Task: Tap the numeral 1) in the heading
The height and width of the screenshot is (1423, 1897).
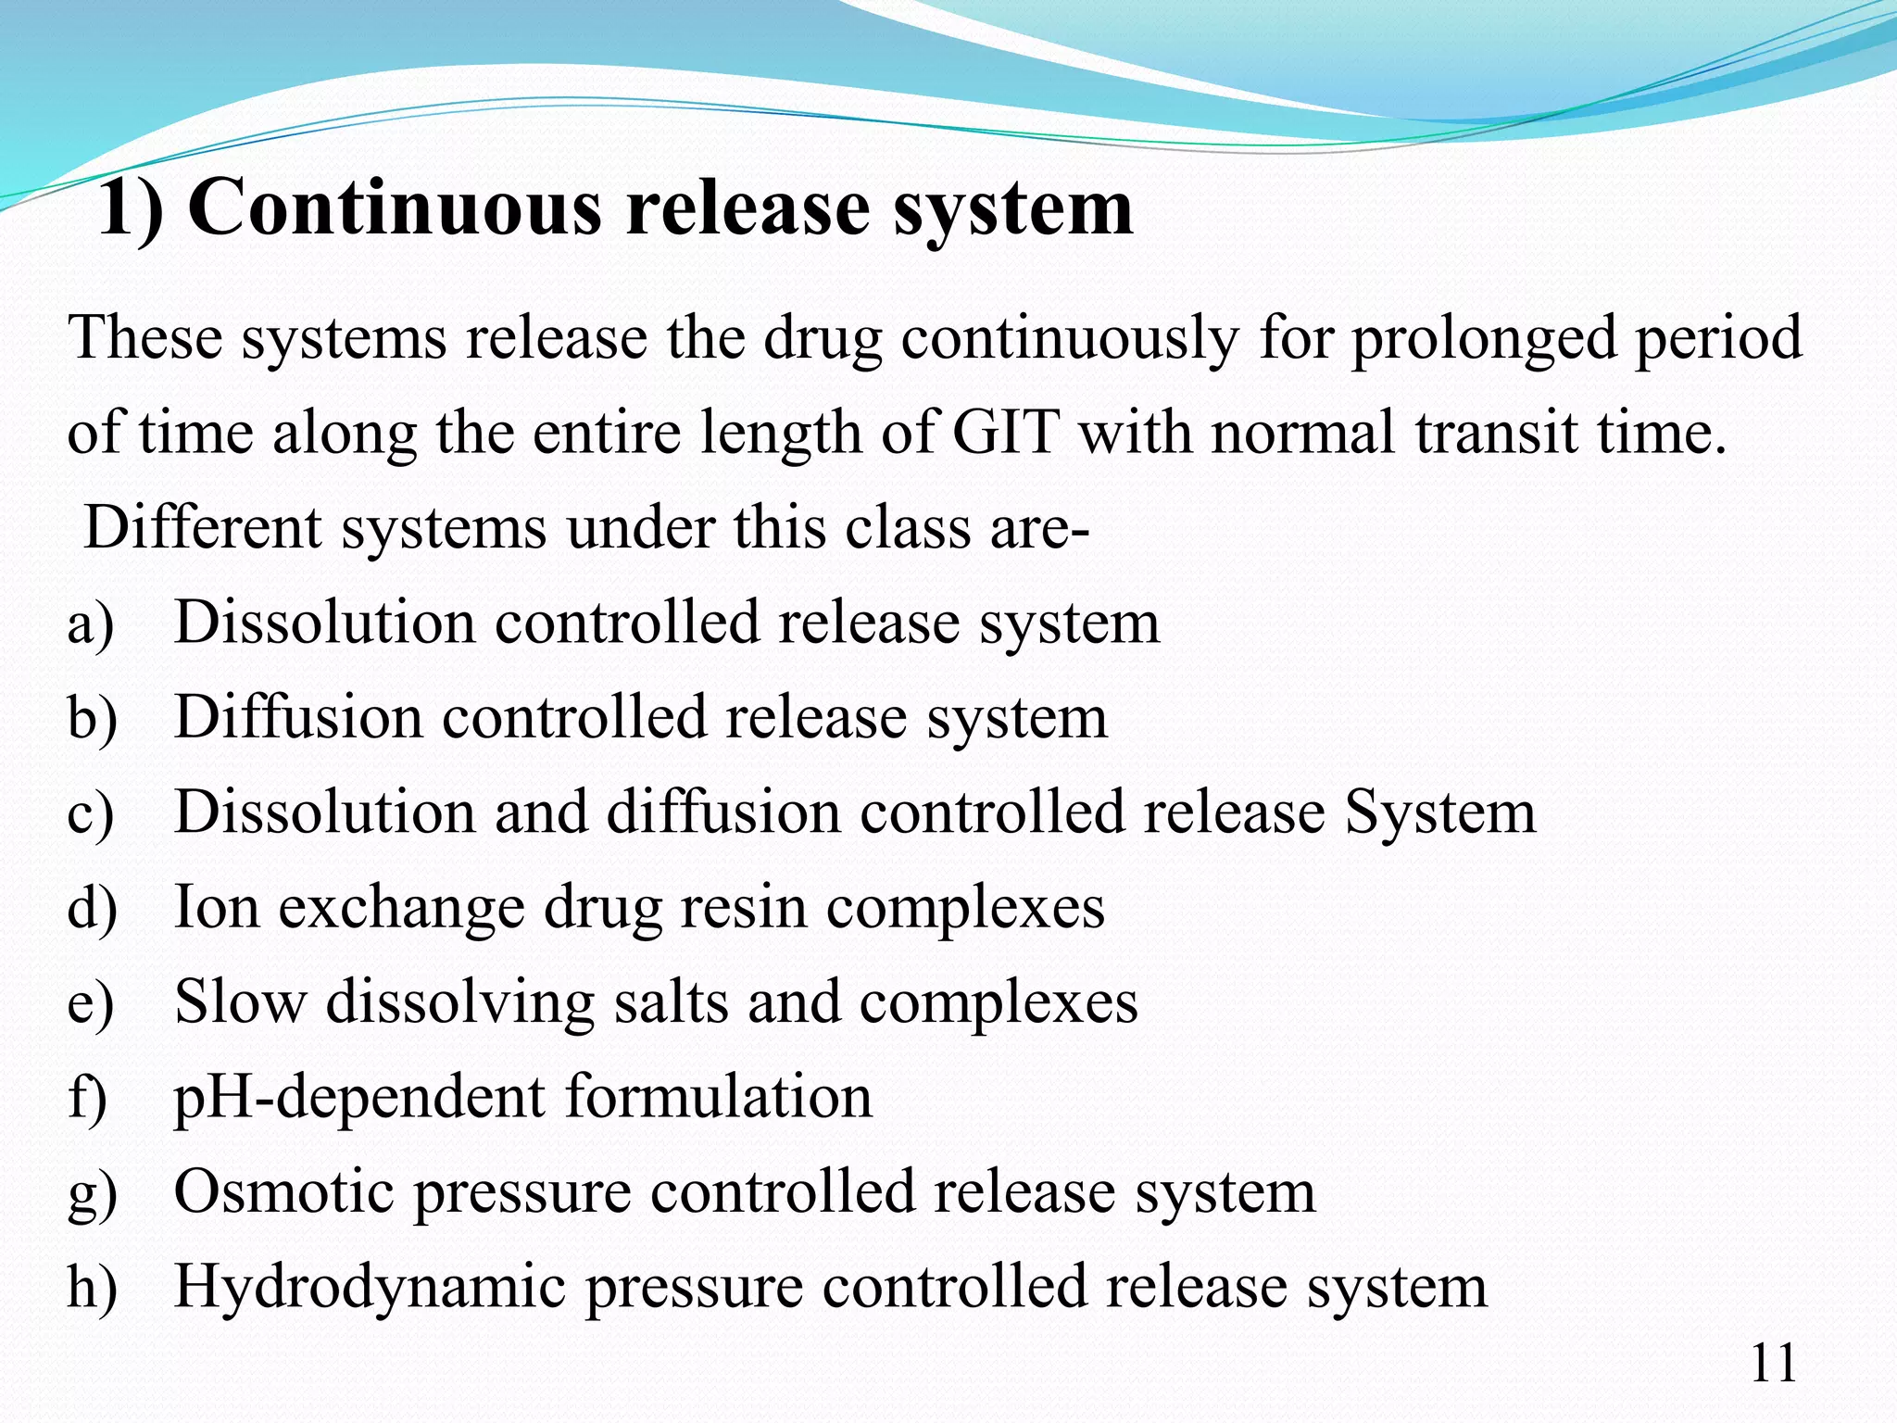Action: click(131, 208)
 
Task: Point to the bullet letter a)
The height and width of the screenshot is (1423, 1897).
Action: click(91, 623)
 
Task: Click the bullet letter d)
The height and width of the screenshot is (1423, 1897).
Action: click(92, 907)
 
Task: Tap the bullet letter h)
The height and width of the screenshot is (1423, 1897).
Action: click(92, 1287)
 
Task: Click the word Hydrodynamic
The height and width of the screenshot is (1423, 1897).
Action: click(370, 1287)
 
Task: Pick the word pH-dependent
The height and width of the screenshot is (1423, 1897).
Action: click(360, 1097)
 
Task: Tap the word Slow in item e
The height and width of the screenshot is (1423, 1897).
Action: click(240, 1002)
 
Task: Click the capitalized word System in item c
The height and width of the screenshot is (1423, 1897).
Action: click(1439, 812)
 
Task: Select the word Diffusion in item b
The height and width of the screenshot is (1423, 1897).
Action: click(297, 718)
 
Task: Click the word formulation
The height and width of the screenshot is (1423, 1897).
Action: click(718, 1097)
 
